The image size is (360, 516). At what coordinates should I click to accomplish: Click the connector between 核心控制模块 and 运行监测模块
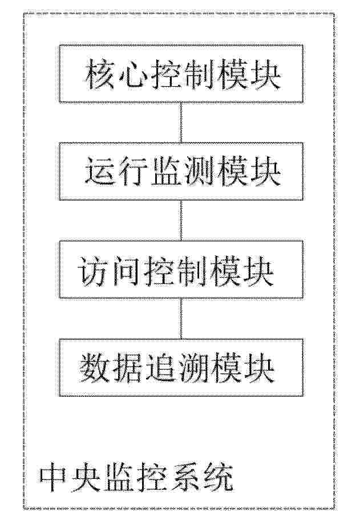tap(181, 123)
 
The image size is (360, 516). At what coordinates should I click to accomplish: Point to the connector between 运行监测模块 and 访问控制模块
tap(181, 220)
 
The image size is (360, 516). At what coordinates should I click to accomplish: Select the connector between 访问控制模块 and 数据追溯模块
tap(181, 318)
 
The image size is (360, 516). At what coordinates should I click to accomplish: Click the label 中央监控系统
tap(136, 477)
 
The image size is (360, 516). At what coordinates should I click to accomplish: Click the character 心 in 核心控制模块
tap(132, 75)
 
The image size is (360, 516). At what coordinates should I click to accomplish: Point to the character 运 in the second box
tap(100, 172)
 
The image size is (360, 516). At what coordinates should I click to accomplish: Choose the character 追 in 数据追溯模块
tap(159, 368)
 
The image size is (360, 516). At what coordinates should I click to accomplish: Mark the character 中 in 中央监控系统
tap(55, 477)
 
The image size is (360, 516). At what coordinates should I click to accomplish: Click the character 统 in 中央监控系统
tap(218, 477)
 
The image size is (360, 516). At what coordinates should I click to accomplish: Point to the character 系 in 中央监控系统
tap(185, 477)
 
